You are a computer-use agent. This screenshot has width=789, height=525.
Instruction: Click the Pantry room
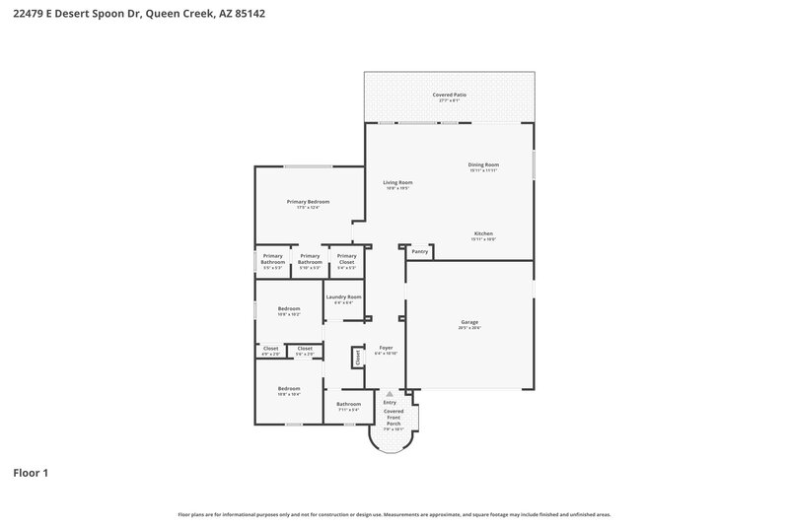click(419, 251)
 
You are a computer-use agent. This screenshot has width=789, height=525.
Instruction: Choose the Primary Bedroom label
click(308, 203)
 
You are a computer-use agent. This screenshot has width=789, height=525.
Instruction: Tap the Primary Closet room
click(346, 260)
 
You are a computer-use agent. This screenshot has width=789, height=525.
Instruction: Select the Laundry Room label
click(343, 298)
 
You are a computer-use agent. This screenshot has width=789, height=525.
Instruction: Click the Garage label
click(468, 324)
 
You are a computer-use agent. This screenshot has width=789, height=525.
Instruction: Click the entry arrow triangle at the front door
click(390, 393)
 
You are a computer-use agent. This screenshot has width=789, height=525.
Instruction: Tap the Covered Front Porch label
click(394, 417)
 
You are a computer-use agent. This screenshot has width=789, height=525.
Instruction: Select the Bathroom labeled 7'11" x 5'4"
click(348, 405)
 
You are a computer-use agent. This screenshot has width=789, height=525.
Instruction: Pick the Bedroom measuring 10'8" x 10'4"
click(288, 390)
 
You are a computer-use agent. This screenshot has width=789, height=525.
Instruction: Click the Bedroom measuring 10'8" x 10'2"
click(288, 310)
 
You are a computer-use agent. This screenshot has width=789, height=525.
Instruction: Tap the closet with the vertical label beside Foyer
click(357, 356)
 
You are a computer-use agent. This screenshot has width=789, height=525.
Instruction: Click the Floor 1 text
click(31, 473)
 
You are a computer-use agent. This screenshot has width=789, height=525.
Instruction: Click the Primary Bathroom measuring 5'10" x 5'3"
click(310, 260)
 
